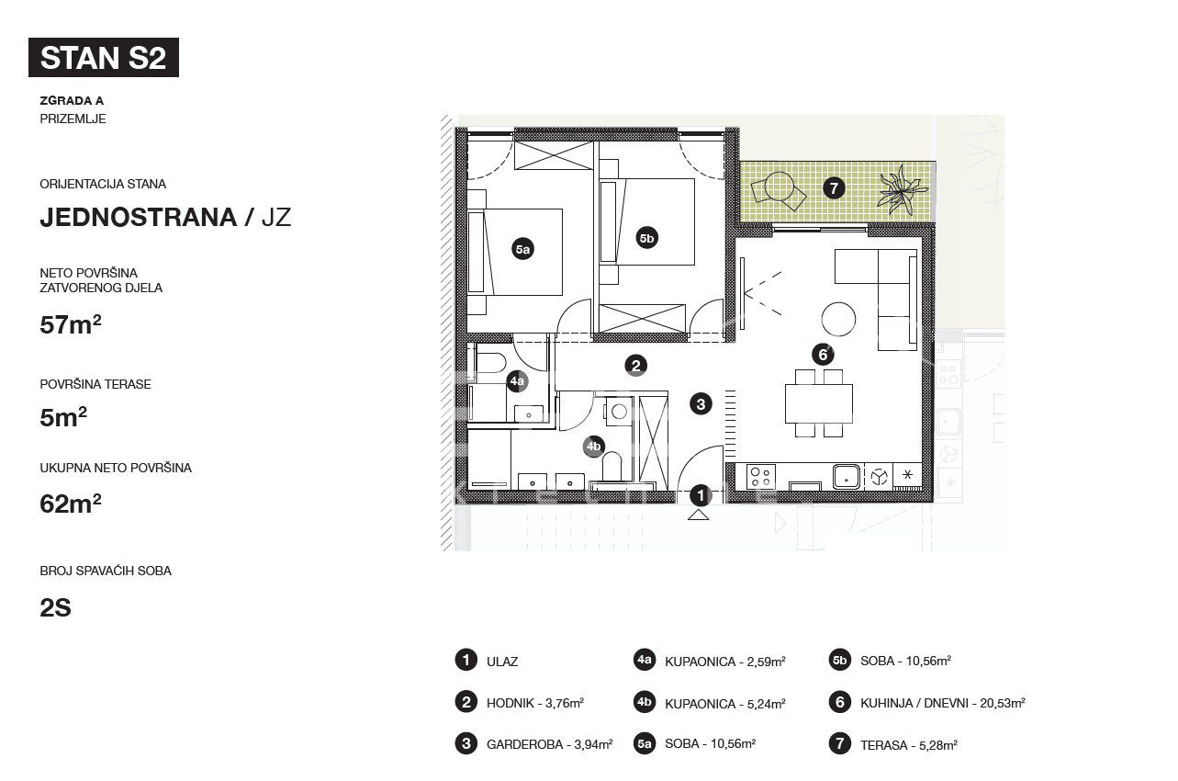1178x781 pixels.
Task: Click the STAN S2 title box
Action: coord(104,57)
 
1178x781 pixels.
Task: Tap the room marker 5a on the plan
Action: coord(522,249)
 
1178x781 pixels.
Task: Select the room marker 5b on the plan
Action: coord(646,238)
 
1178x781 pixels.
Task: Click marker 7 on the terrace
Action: coord(834,187)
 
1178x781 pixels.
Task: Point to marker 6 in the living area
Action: coord(823,354)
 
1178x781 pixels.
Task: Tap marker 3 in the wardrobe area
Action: coord(701,404)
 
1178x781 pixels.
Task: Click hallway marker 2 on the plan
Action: coord(635,366)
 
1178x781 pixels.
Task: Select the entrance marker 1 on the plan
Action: coord(700,495)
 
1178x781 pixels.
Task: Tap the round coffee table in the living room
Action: coord(838,319)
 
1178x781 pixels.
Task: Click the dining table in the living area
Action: coord(819,403)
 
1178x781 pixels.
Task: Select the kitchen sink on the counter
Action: coord(847,477)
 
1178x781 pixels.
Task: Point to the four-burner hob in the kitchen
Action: coord(760,477)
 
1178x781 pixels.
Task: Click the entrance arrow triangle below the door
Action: coord(699,515)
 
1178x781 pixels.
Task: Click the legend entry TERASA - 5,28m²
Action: coord(909,745)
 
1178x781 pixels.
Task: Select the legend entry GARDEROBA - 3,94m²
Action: coord(550,744)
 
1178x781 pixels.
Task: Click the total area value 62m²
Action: coord(71,504)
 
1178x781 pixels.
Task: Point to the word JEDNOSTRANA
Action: coord(139,218)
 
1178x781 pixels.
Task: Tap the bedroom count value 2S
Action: coord(55,608)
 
